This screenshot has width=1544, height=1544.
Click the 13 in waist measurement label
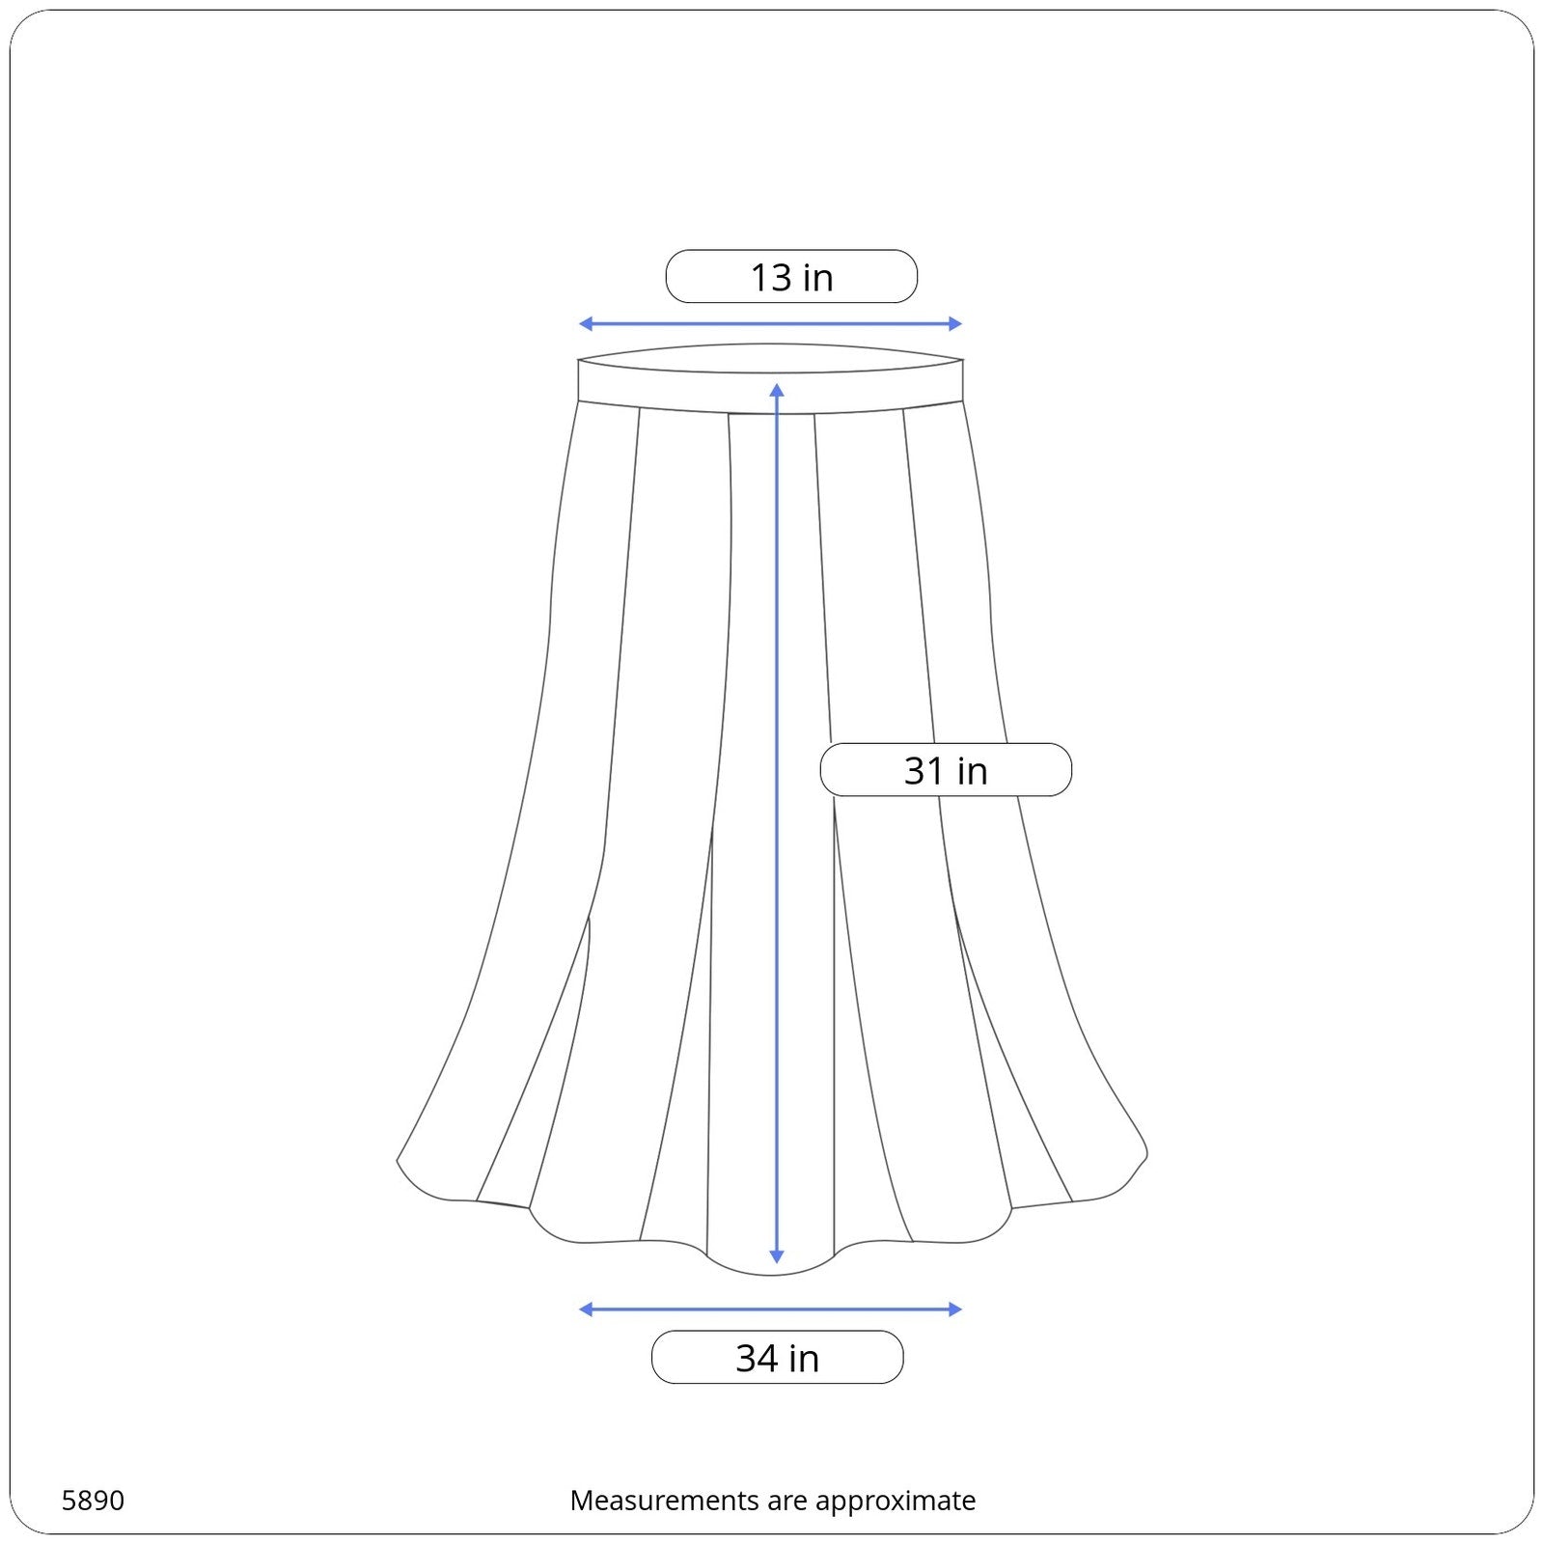pyautogui.click(x=791, y=277)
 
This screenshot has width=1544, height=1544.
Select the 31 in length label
pyautogui.click(x=946, y=770)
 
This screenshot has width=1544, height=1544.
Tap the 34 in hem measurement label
pyautogui.click(x=778, y=1358)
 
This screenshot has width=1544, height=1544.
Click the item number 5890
pyautogui.click(x=93, y=1501)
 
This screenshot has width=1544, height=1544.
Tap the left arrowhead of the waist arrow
pyautogui.click(x=585, y=324)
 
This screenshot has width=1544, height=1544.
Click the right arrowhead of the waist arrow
pyautogui.click(x=956, y=324)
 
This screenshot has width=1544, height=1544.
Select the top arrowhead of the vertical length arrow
pyautogui.click(x=777, y=390)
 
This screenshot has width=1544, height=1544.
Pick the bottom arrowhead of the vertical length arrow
pyautogui.click(x=777, y=1256)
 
